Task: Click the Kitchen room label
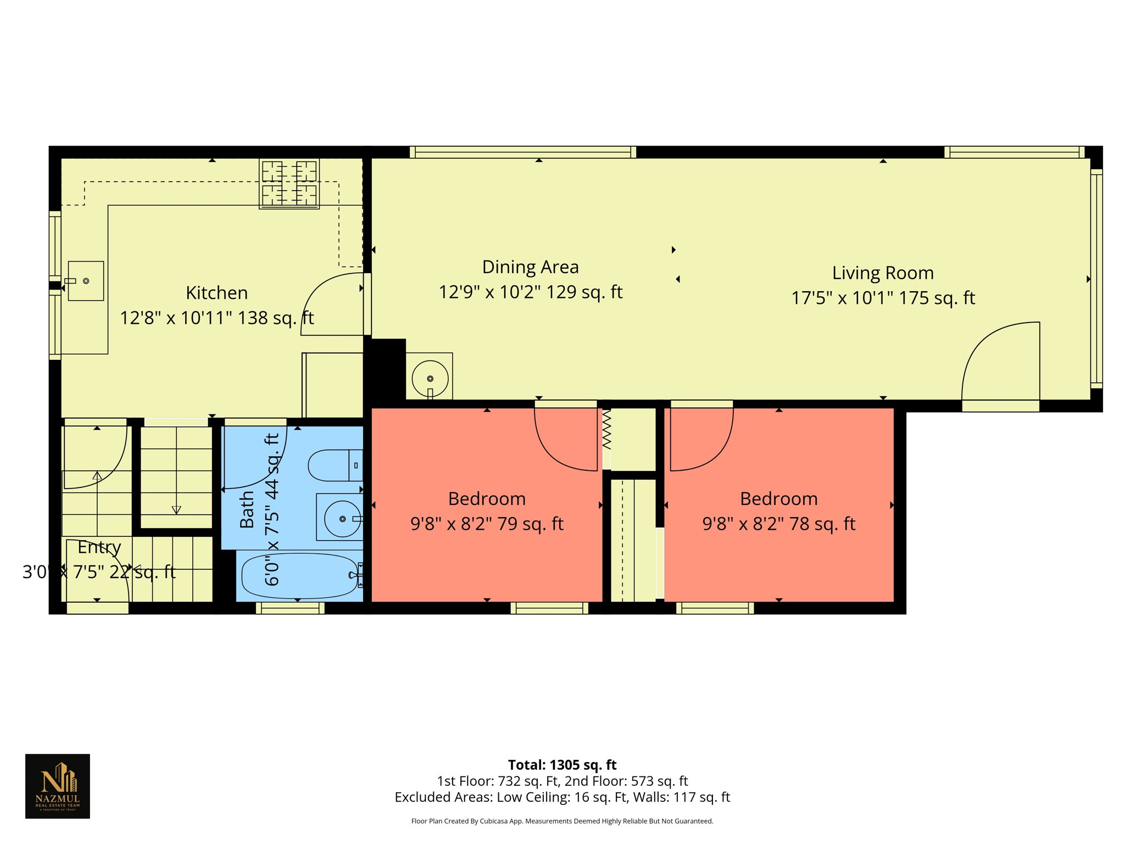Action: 216,293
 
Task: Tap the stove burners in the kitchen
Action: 289,184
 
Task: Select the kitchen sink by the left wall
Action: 86,281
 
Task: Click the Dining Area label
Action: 530,267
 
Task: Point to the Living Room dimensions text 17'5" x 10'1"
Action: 882,298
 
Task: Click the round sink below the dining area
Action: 430,378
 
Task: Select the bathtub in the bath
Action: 299,575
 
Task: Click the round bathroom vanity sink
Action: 342,519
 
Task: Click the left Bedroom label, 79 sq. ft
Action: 487,499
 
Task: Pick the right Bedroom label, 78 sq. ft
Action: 778,499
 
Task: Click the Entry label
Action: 99,547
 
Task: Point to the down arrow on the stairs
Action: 176,509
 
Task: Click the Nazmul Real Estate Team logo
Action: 58,786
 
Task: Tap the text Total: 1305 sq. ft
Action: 562,765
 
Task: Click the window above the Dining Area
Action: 522,152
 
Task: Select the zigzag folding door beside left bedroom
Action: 606,430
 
